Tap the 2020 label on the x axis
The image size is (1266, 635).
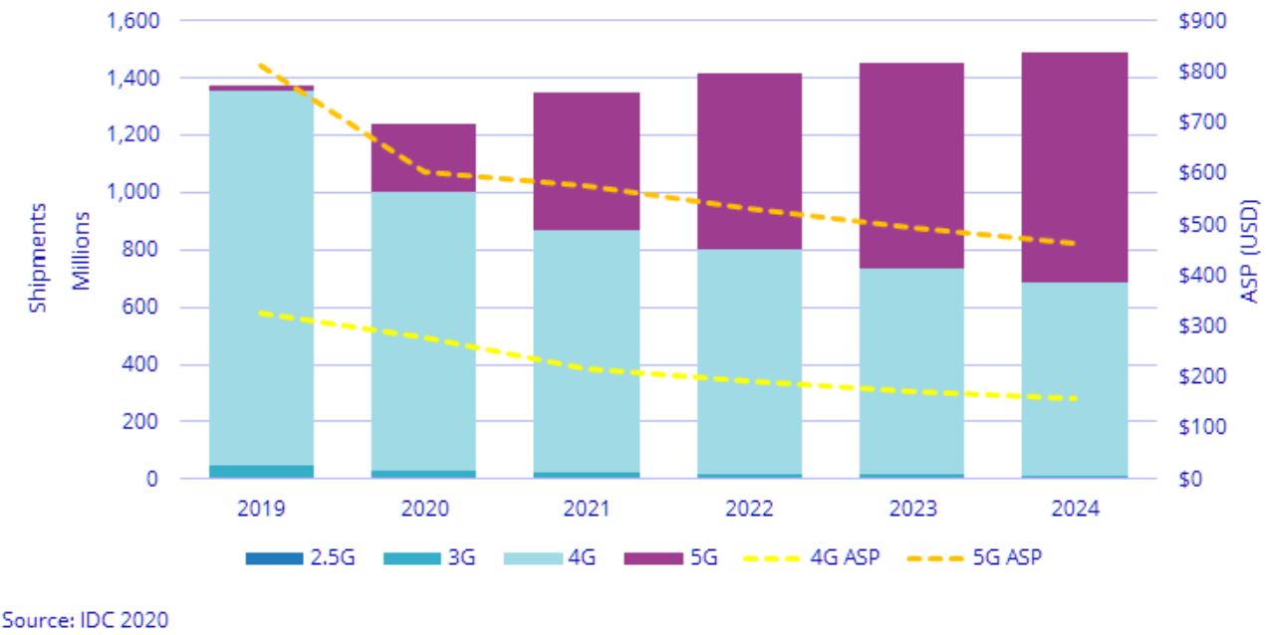423,508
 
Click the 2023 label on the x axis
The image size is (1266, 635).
911,508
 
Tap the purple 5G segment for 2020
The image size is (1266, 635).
423,157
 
